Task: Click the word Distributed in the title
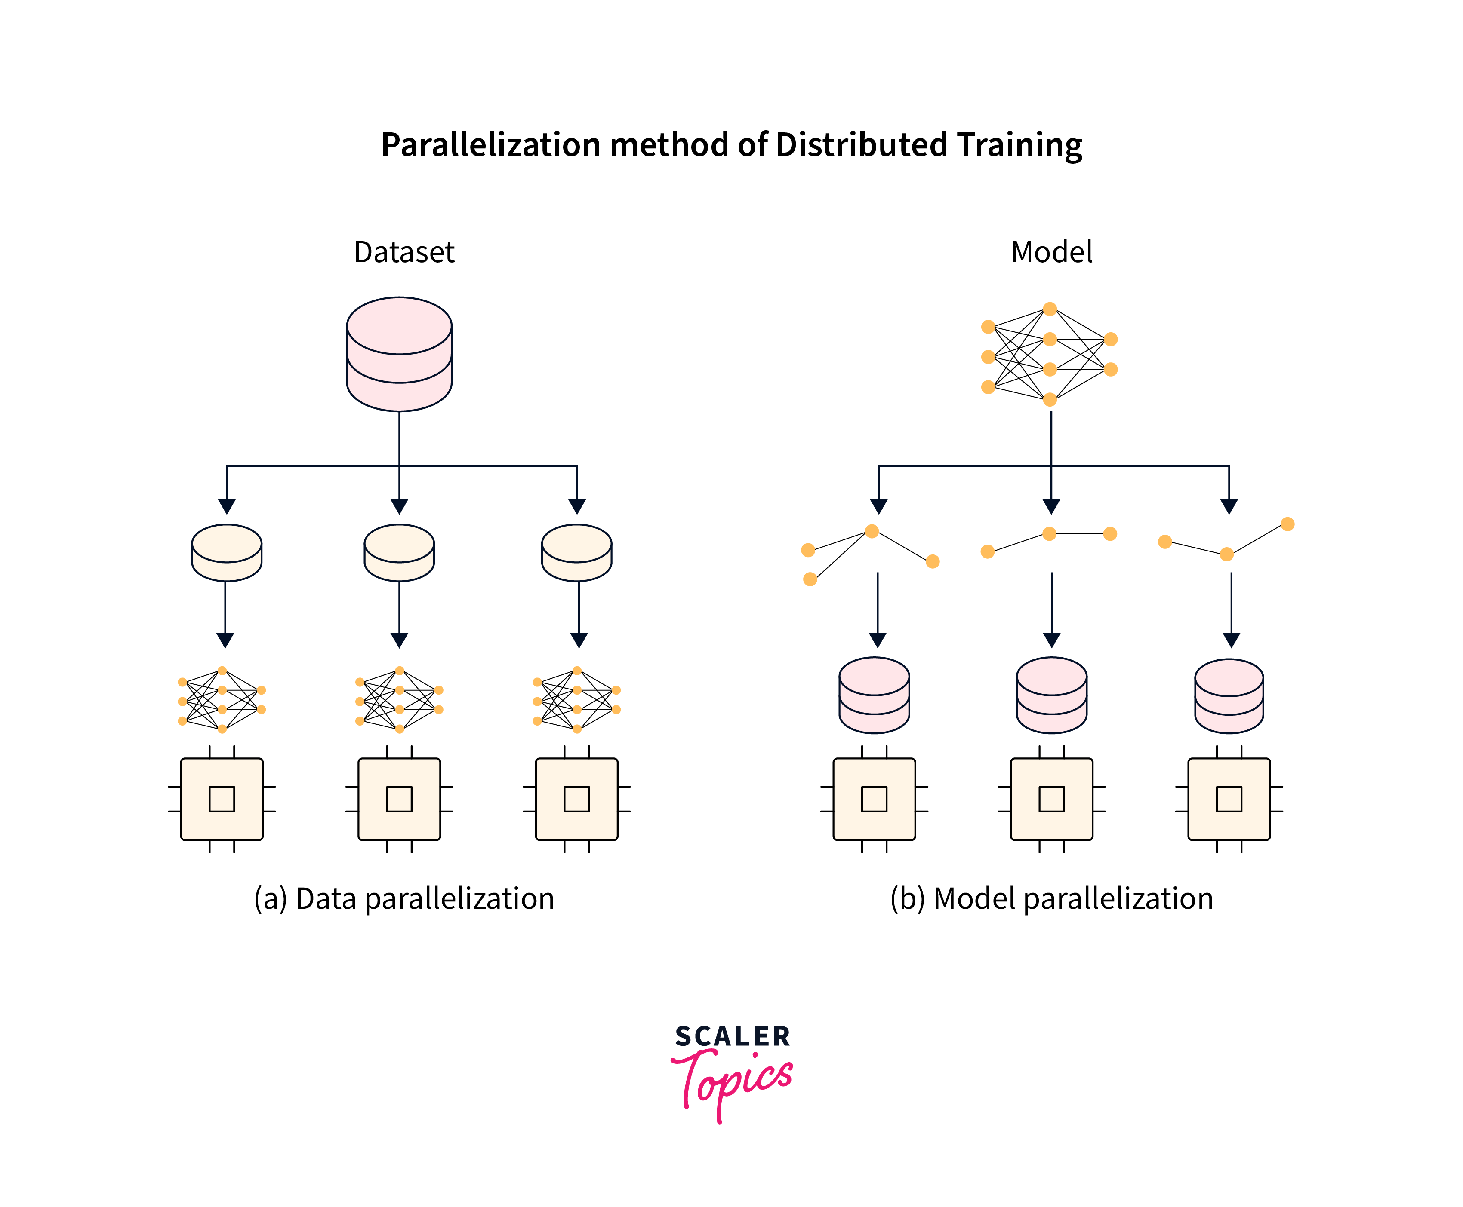coord(861,145)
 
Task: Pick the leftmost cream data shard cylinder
coord(226,553)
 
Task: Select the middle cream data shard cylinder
coord(399,553)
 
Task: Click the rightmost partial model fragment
coord(1226,540)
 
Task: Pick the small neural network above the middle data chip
coord(399,699)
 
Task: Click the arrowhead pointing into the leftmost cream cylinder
coord(226,506)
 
